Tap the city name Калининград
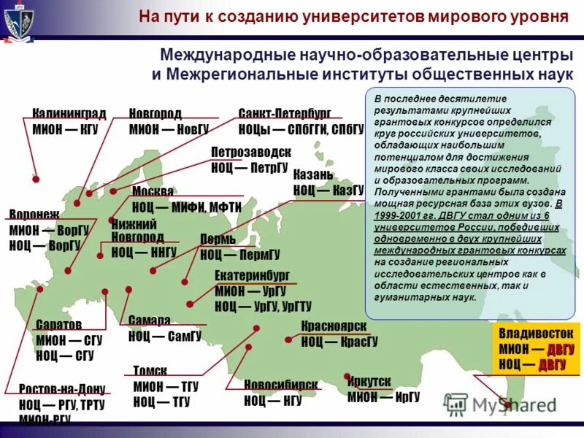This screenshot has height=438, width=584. coord(69,113)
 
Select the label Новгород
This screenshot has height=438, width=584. coord(155,113)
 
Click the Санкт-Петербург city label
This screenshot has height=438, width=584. coord(285,113)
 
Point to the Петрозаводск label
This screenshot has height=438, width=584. coord(250,153)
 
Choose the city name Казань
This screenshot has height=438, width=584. coord(313,174)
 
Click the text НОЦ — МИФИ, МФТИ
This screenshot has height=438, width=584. coord(186,207)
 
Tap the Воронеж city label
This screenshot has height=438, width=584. coord(34,215)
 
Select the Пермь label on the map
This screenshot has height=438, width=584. coord(218,239)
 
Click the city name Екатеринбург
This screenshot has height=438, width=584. coord(253,275)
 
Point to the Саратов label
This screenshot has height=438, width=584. coord(58,324)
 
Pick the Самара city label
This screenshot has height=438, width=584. coord(149,320)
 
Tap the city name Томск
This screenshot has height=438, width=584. coord(150,371)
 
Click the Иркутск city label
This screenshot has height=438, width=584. coord(369,382)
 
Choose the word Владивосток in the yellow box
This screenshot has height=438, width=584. coord(536,334)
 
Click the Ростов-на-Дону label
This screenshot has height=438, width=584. coord(62,389)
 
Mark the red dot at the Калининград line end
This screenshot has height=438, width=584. coord(35,178)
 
